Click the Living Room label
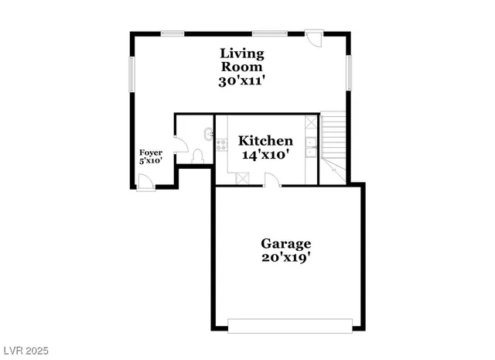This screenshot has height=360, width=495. (242, 60)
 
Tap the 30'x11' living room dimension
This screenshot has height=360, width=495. (242, 80)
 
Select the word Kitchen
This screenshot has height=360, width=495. (265, 141)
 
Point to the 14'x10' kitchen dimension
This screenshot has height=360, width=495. (265, 154)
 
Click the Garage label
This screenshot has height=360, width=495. (285, 243)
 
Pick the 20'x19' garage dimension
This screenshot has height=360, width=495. (285, 257)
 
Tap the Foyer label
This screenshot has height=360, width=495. (150, 153)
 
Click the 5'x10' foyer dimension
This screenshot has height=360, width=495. (150, 161)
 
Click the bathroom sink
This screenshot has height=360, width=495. (207, 133)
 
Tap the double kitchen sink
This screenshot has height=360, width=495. (310, 146)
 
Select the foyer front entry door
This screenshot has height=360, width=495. (145, 182)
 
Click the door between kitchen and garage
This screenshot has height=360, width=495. (270, 180)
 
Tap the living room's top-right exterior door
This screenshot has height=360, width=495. (314, 39)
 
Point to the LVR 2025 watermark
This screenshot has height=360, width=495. (25, 351)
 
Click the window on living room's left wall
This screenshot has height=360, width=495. (131, 78)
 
